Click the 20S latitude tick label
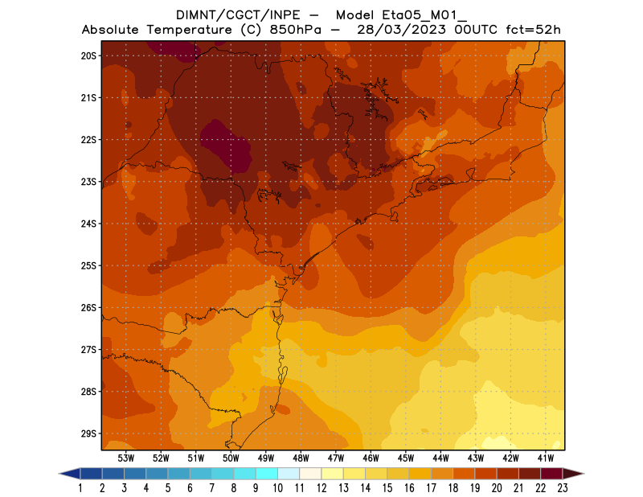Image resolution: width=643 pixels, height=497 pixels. [x=88, y=55]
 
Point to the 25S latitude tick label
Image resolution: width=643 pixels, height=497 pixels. [x=88, y=265]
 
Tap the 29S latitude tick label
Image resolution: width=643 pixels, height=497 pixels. [x=88, y=433]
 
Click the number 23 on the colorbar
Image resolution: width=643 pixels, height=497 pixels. [x=562, y=487]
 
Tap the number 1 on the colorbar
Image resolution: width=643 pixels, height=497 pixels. [x=80, y=487]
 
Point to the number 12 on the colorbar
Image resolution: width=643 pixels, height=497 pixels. [x=321, y=487]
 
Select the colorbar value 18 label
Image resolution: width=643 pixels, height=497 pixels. [x=453, y=487]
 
